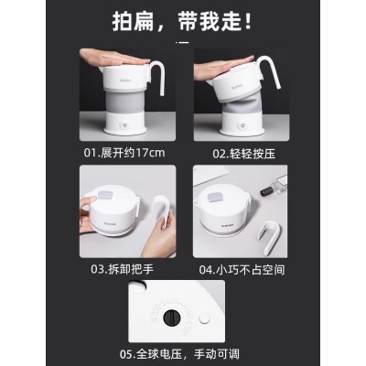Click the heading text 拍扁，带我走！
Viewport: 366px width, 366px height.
(182, 21)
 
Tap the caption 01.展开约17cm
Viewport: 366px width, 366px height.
(124, 153)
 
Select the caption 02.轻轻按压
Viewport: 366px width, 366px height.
(243, 154)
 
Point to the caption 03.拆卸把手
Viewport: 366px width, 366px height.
(122, 269)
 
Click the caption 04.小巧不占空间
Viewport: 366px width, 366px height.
(242, 270)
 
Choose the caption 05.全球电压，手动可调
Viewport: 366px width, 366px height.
(179, 354)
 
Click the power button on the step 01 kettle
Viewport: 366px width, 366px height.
(125, 125)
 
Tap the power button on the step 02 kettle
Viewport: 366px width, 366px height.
(242, 125)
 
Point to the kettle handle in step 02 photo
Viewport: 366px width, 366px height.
(276, 73)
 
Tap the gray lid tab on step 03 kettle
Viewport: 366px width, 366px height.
(105, 195)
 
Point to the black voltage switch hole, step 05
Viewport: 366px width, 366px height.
(172, 318)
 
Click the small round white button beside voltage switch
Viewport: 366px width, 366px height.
(204, 318)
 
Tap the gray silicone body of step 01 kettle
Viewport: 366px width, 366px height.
(125, 102)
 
